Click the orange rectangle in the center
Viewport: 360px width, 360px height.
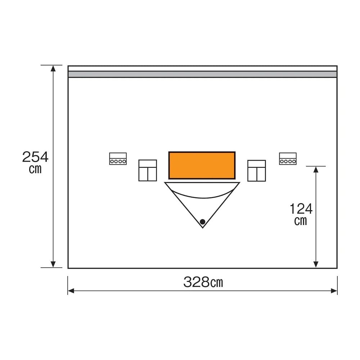click(202, 165)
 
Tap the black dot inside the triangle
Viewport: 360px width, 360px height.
click(202, 222)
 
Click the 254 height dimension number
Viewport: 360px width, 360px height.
click(35, 157)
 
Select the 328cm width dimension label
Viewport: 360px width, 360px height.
click(203, 282)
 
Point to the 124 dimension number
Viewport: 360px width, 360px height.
click(301, 209)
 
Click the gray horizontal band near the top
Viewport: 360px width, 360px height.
click(202, 74)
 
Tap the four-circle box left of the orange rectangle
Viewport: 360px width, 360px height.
click(118, 159)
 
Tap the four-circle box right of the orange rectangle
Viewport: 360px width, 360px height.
click(288, 159)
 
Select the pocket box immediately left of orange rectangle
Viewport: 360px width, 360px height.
click(148, 170)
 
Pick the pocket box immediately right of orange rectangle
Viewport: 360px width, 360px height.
click(256, 171)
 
